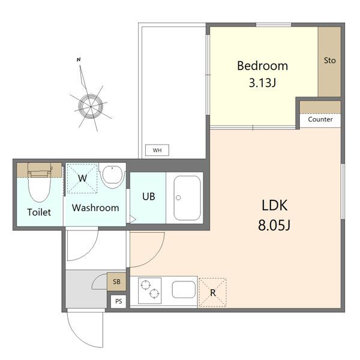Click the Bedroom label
click(262, 65)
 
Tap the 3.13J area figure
click(262, 83)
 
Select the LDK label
click(274, 205)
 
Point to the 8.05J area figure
click(274, 225)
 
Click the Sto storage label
click(329, 61)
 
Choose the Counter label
click(320, 119)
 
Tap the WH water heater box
click(157, 150)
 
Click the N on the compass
click(79, 59)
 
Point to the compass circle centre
click(91, 107)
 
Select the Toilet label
click(39, 212)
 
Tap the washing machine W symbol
click(82, 178)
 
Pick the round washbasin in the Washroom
click(112, 175)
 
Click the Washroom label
click(95, 208)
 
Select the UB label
click(149, 197)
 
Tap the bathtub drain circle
click(178, 197)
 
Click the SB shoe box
click(116, 282)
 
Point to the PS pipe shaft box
click(118, 301)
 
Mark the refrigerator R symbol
click(213, 293)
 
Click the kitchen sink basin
click(184, 290)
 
